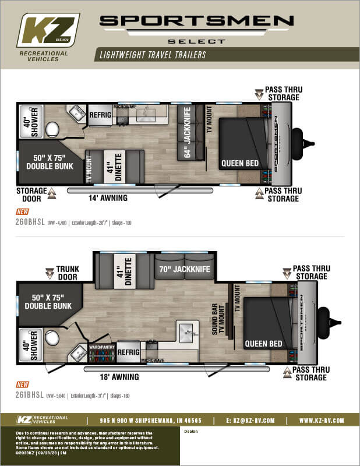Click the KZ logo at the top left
(x=48, y=30)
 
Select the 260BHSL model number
(x=31, y=221)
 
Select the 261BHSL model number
(x=31, y=395)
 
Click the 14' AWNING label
(x=107, y=198)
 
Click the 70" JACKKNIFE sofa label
(x=183, y=269)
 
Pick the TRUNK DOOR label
(x=68, y=273)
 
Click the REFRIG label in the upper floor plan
(x=100, y=115)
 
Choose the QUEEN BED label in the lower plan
(x=263, y=344)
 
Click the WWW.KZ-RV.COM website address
(x=322, y=420)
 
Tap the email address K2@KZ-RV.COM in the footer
(x=252, y=420)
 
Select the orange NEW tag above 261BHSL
(x=22, y=385)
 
